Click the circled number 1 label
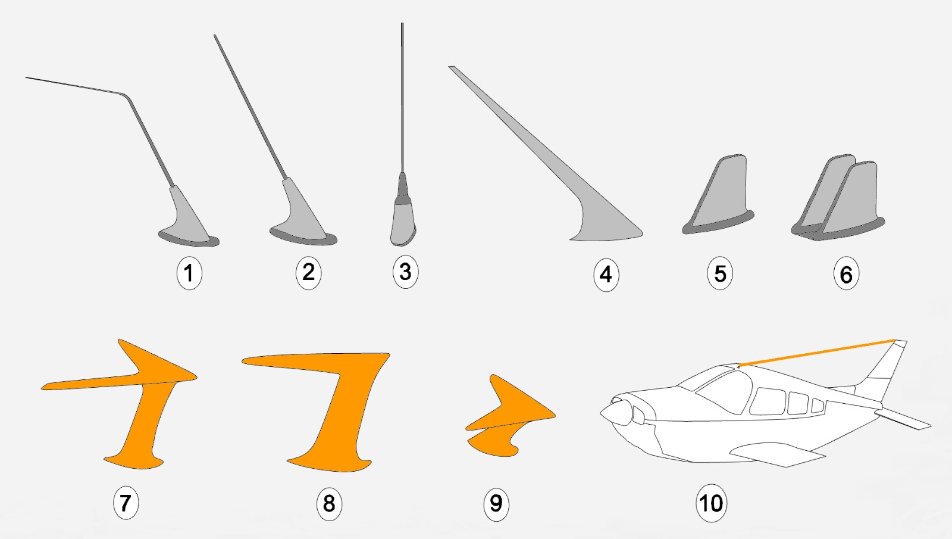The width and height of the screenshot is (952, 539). click(189, 273)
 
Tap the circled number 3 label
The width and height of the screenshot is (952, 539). click(405, 272)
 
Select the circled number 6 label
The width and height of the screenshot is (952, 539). click(846, 274)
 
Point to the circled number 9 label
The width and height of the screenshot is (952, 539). click(496, 504)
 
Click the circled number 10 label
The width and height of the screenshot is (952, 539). click(711, 504)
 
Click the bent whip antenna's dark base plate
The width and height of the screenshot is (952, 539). click(189, 239)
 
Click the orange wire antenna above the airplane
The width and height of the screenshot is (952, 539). click(815, 353)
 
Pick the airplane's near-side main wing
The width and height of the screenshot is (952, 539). click(779, 456)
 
